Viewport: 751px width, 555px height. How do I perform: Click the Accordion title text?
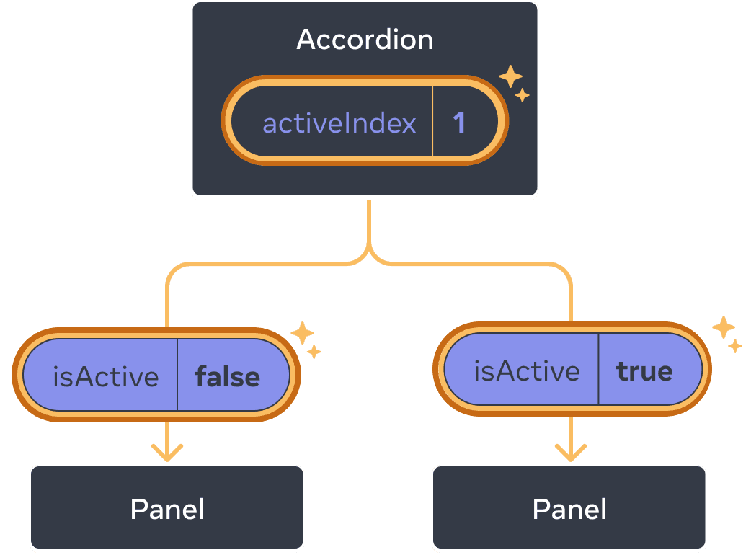(x=365, y=40)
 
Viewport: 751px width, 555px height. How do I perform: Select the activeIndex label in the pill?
(x=339, y=123)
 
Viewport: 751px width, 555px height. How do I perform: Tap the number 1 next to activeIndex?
(x=459, y=123)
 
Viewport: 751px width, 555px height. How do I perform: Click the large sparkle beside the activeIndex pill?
(x=510, y=76)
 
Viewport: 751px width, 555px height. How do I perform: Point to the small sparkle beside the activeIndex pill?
(x=523, y=95)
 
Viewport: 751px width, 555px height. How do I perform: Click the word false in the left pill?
(x=227, y=376)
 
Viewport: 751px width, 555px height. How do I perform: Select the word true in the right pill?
(x=644, y=371)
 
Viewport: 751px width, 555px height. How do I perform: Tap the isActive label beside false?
(x=106, y=376)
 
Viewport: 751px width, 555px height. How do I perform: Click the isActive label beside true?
(x=527, y=371)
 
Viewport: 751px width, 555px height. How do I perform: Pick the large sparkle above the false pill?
(x=302, y=333)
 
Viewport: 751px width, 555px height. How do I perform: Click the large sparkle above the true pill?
(x=723, y=327)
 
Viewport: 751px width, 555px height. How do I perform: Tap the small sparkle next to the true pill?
(x=735, y=346)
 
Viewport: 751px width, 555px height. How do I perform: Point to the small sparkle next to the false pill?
(x=314, y=352)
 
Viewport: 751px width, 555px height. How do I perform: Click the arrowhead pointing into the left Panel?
(x=167, y=454)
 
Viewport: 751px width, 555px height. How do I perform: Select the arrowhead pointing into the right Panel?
(x=570, y=454)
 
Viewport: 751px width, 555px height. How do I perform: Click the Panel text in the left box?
(x=167, y=510)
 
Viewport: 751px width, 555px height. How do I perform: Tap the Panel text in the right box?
(x=569, y=510)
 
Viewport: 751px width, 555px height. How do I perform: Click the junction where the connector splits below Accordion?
(x=369, y=254)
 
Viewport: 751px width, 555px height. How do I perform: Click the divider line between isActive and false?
(x=177, y=375)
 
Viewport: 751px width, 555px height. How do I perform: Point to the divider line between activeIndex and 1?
(x=432, y=121)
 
